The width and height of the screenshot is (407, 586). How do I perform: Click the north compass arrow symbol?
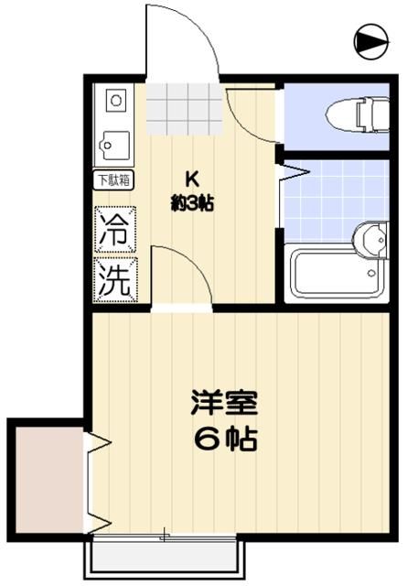[x=370, y=39]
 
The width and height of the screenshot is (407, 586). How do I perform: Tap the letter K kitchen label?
[x=192, y=179]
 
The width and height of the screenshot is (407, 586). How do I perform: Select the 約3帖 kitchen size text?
[x=192, y=204]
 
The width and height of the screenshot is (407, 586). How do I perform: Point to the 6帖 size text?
[x=223, y=439]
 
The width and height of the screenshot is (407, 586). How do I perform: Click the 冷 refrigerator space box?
[x=115, y=228]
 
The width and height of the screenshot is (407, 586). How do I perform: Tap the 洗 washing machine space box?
[x=115, y=278]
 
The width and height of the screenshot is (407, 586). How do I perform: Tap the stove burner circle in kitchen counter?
[x=114, y=98]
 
